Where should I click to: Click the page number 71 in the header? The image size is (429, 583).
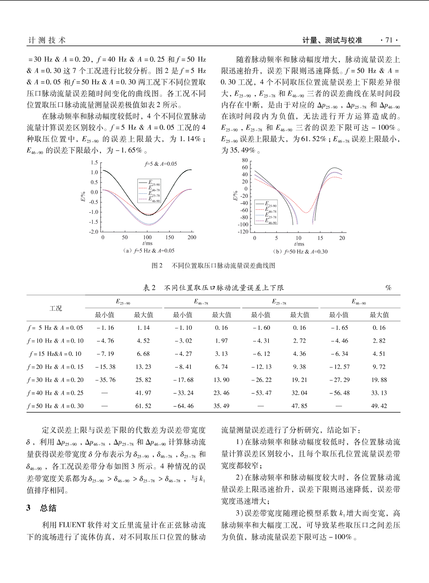(389, 40)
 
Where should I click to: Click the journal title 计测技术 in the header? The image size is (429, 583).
(47, 40)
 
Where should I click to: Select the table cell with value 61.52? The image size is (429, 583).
(143, 406)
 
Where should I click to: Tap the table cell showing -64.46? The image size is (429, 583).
(183, 406)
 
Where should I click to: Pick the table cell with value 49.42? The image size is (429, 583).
(379, 406)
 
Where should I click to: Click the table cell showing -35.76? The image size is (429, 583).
(105, 380)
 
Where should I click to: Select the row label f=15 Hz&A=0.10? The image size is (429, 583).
(55, 353)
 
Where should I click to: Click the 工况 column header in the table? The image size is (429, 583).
(56, 308)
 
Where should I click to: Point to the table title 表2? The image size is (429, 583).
(149, 288)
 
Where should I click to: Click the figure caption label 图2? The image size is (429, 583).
(157, 265)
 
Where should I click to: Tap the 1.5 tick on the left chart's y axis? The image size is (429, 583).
(94, 163)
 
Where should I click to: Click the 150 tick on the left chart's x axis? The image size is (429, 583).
(170, 237)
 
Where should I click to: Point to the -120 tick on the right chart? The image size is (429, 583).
(243, 232)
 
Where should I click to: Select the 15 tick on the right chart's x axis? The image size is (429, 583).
(320, 238)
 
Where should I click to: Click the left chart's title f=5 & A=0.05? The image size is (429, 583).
(161, 164)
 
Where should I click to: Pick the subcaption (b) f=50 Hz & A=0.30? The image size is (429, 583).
(300, 252)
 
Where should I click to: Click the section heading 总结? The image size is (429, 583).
(48, 508)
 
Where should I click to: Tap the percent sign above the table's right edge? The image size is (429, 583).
(388, 288)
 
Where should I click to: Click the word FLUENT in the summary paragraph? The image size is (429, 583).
(72, 525)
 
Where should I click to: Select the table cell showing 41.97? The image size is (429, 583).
(143, 393)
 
